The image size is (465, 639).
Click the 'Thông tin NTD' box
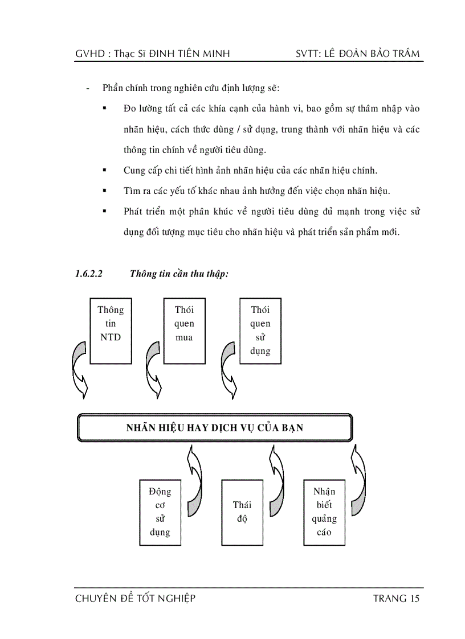click(110, 331)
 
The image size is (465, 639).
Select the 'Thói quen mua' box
click(184, 331)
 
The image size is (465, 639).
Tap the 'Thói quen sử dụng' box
click(260, 331)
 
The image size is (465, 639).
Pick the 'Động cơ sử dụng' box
click(160, 512)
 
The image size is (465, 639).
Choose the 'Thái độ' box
click(242, 512)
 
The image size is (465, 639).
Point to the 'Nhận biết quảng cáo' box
click(324, 512)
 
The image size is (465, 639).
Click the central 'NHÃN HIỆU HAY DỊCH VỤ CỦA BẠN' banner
click(214, 428)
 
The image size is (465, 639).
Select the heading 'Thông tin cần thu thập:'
click(179, 274)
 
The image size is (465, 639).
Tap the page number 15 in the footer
click(414, 599)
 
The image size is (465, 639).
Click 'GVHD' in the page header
click(88, 54)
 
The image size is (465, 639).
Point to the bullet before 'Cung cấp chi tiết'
click(105, 170)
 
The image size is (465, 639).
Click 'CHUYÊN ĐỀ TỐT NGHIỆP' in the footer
click(135, 599)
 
